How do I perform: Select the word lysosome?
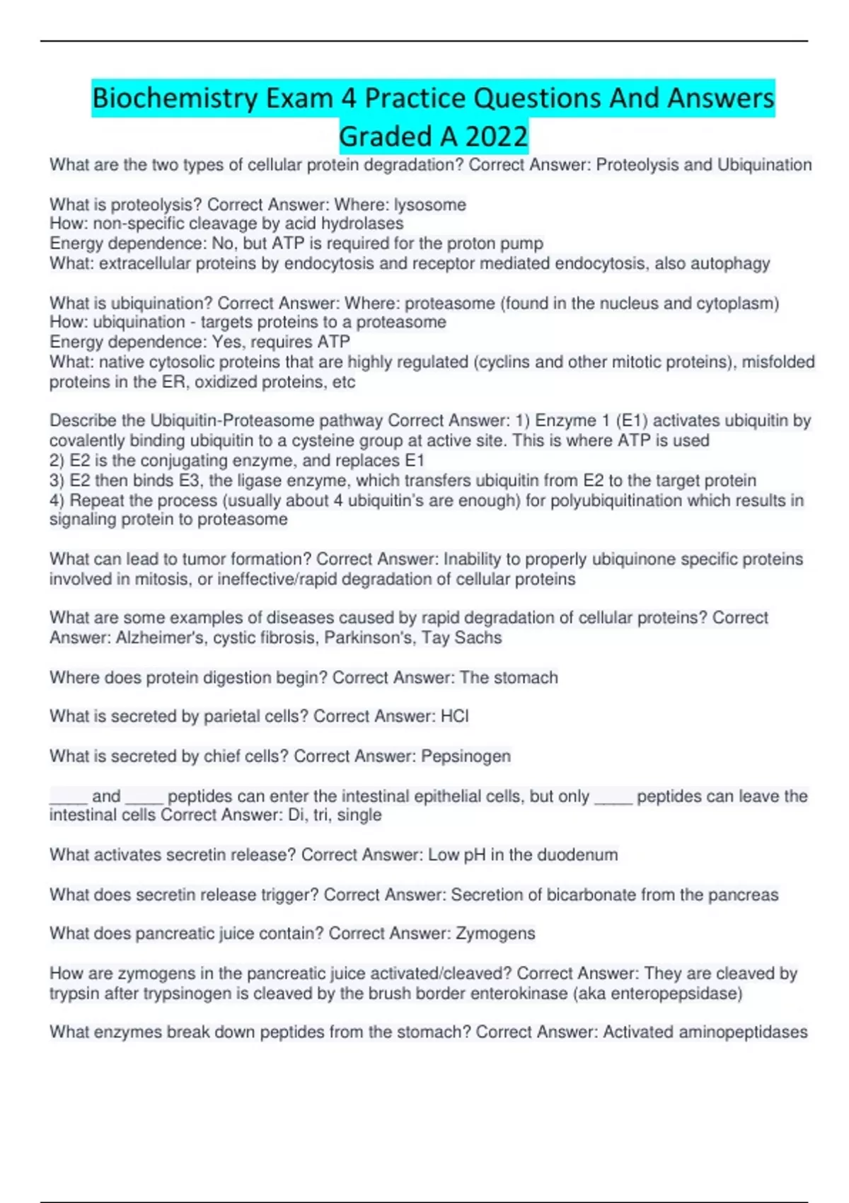(x=429, y=205)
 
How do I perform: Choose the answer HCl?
(x=454, y=717)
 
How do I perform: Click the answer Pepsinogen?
(x=466, y=756)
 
